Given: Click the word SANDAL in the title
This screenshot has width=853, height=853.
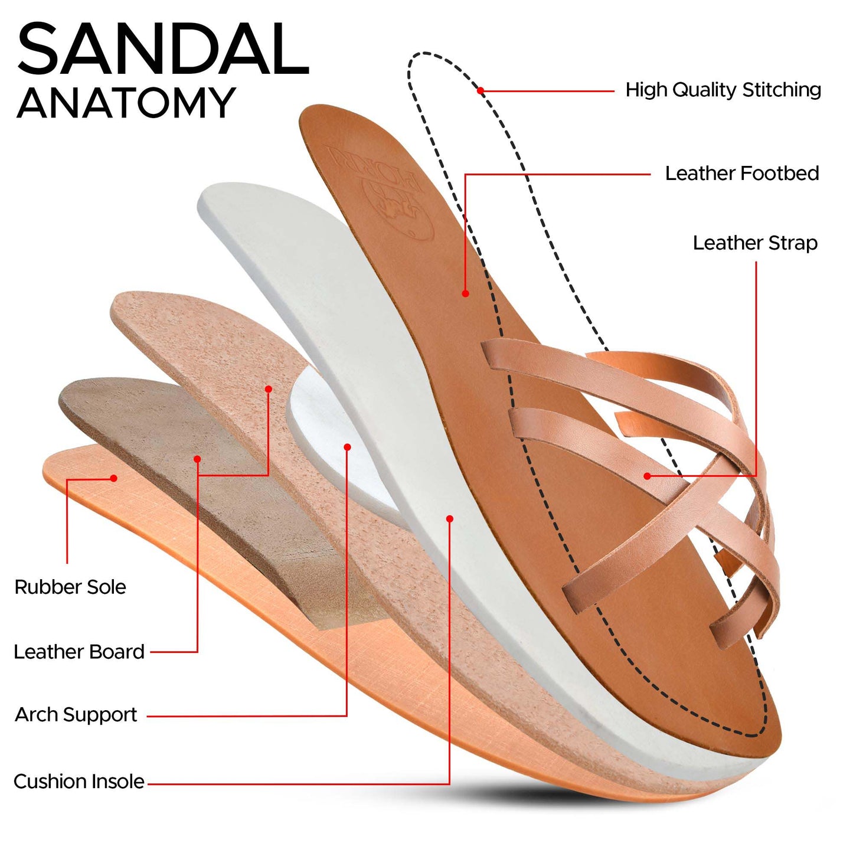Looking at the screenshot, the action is pyautogui.click(x=163, y=49).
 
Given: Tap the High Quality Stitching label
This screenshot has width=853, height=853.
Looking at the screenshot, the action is pyautogui.click(x=723, y=90).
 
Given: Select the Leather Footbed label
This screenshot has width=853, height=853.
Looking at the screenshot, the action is pyautogui.click(x=742, y=174).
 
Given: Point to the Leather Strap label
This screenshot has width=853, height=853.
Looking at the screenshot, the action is pyautogui.click(x=755, y=243).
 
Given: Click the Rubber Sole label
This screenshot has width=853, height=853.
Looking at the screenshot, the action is pyautogui.click(x=70, y=587).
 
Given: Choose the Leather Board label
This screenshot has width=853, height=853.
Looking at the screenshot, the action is pyautogui.click(x=79, y=652).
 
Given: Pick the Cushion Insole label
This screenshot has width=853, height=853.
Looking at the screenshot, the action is pyautogui.click(x=79, y=782).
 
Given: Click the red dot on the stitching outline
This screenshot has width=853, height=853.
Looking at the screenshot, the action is pyautogui.click(x=481, y=90).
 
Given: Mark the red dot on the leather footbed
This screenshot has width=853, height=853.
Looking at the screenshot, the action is pyautogui.click(x=465, y=293).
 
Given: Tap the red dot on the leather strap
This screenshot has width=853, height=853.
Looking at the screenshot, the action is pyautogui.click(x=647, y=476).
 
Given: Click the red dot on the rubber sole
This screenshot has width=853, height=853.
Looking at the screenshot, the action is pyautogui.click(x=114, y=478).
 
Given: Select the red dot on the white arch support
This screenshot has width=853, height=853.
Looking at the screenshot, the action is pyautogui.click(x=347, y=447).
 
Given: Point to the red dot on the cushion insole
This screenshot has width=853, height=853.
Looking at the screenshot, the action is pyautogui.click(x=450, y=518).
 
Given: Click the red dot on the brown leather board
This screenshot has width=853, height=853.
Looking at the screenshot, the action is pyautogui.click(x=197, y=459).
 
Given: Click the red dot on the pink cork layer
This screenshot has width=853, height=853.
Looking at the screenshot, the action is pyautogui.click(x=268, y=388).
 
